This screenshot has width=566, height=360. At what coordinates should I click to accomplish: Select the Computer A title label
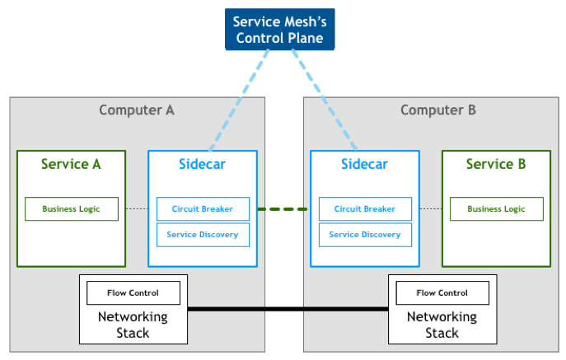(x=137, y=110)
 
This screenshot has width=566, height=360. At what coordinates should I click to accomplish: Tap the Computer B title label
(x=438, y=110)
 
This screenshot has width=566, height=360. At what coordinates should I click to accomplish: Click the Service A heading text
(x=71, y=164)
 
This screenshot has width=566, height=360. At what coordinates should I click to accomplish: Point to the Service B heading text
(x=496, y=164)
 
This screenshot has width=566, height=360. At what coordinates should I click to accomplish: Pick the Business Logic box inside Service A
(x=71, y=209)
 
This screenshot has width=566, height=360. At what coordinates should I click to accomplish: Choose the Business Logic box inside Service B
(x=496, y=209)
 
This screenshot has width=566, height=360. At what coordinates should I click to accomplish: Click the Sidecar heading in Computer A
(x=202, y=164)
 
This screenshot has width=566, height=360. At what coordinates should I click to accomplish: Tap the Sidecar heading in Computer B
(x=364, y=164)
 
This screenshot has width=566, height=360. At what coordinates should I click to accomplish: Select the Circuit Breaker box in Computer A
(x=202, y=209)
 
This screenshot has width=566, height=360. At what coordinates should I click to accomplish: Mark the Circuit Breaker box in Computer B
(x=364, y=209)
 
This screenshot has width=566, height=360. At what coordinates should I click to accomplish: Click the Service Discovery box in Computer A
(x=202, y=235)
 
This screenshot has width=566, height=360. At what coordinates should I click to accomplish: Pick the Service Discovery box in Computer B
(x=364, y=235)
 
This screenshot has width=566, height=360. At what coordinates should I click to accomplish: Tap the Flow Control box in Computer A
(x=133, y=292)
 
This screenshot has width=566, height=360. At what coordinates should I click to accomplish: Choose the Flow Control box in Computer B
(x=442, y=292)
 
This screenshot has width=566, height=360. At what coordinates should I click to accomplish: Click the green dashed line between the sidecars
(x=283, y=209)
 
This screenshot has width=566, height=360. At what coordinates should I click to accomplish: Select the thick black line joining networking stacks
(x=288, y=309)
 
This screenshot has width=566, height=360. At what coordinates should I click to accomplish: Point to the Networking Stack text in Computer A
(x=133, y=325)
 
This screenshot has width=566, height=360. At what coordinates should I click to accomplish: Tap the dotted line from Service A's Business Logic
(x=138, y=209)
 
